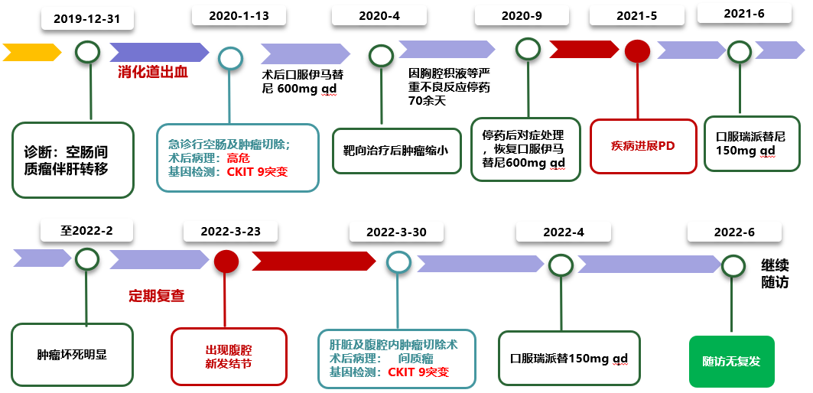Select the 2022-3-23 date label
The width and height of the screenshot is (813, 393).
click(x=229, y=231)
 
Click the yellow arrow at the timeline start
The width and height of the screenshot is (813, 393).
click(x=31, y=52)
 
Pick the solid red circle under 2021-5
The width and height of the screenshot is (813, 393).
click(x=637, y=51)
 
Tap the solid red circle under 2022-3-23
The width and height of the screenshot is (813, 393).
click(x=226, y=262)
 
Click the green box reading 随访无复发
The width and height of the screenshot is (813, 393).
click(x=732, y=361)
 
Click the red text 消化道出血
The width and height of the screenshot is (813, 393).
click(x=153, y=73)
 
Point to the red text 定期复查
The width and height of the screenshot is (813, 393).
click(x=157, y=295)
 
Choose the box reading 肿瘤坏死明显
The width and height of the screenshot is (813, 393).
click(x=73, y=355)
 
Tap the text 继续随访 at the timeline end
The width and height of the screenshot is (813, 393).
click(x=774, y=274)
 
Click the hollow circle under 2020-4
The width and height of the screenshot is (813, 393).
click(x=380, y=55)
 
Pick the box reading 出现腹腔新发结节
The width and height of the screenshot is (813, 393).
click(x=229, y=356)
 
